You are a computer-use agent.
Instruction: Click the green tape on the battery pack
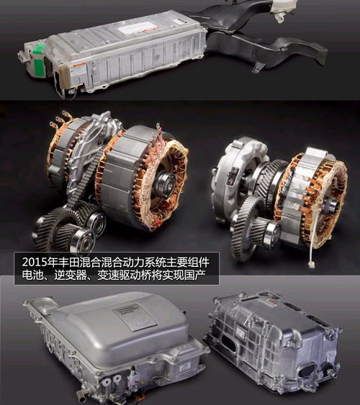(x=39, y=60)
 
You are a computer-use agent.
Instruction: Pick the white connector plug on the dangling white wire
(x=312, y=265)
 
